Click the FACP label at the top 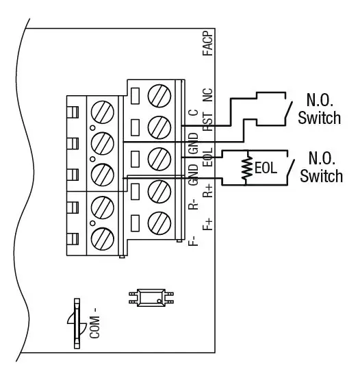(208, 47)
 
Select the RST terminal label (208, 123)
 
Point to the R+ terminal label (208, 191)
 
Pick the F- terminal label (194, 239)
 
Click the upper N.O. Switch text (319, 108)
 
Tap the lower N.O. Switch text (321, 167)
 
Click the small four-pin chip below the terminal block (151, 297)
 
